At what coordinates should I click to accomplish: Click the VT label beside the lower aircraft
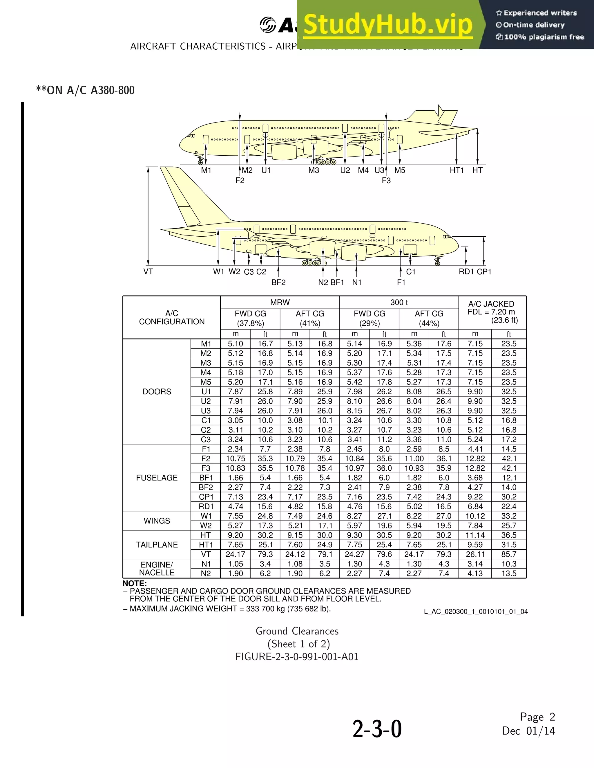point(148,271)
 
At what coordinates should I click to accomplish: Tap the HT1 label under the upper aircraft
point(457,170)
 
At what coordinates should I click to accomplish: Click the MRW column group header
point(280,303)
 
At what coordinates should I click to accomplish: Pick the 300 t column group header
point(399,303)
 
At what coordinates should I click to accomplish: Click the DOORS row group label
point(157,392)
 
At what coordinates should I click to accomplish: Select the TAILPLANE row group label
point(157,545)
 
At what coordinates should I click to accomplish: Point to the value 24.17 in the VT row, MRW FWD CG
point(235,555)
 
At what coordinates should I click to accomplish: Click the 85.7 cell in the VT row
point(509,555)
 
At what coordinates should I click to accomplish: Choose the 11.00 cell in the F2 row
point(414,458)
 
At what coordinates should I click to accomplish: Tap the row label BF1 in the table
point(206,478)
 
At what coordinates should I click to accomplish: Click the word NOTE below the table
point(135,583)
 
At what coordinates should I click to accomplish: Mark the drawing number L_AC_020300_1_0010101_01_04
point(476,611)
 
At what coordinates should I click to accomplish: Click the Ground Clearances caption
point(297,631)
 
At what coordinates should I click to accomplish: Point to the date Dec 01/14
point(528,731)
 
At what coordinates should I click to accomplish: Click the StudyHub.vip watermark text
point(387,25)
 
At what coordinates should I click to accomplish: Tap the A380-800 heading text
point(113,90)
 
